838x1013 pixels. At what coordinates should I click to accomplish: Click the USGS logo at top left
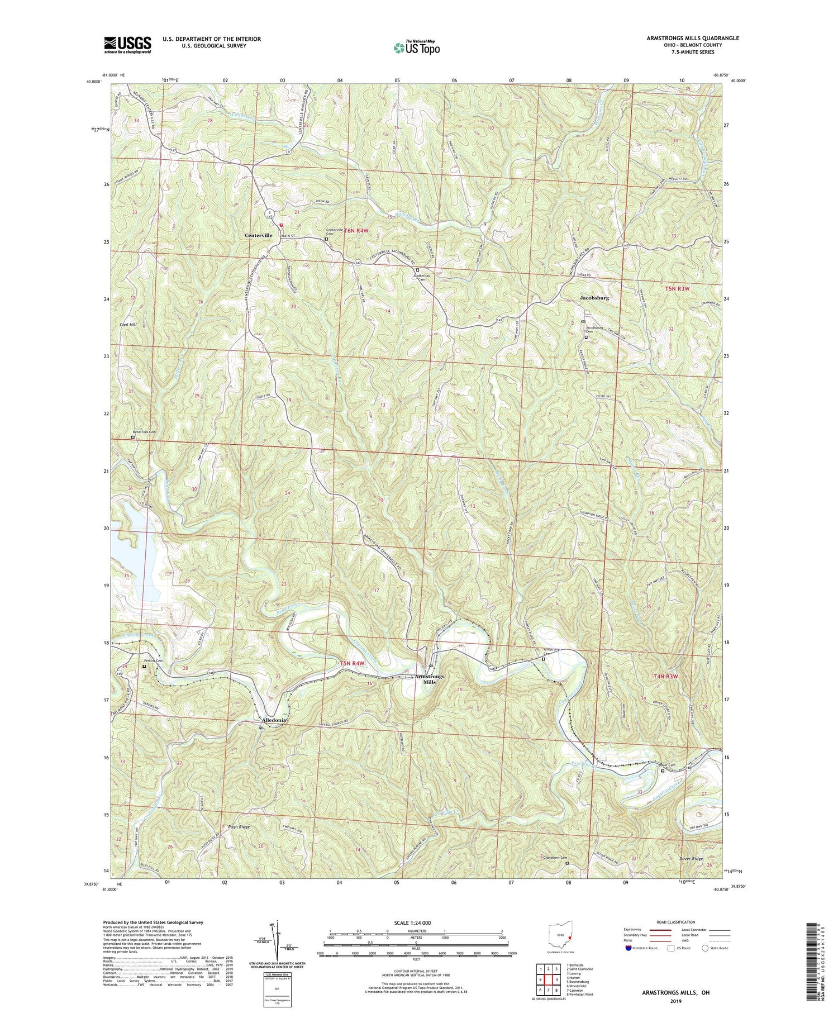[x=127, y=45]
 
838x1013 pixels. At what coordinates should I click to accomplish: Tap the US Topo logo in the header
[x=416, y=47]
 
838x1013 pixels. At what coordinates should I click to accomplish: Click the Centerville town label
[x=258, y=235]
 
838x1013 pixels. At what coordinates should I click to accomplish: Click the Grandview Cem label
[x=553, y=858]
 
